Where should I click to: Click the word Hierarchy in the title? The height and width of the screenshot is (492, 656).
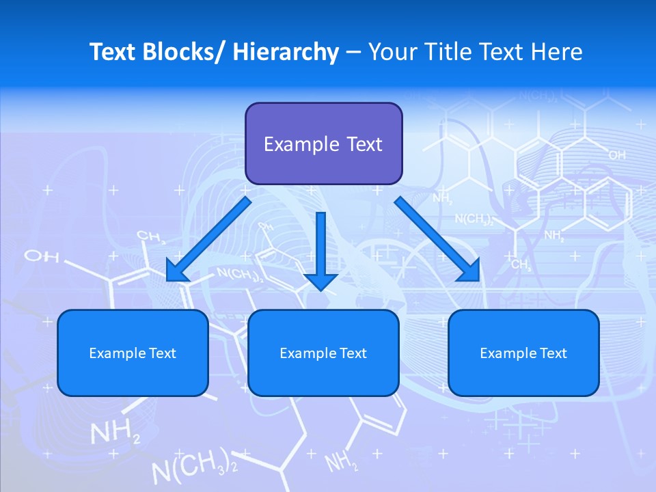[286, 53]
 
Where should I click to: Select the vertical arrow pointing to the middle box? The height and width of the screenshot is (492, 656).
[320, 249]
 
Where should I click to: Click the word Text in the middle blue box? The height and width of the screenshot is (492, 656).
[354, 353]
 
